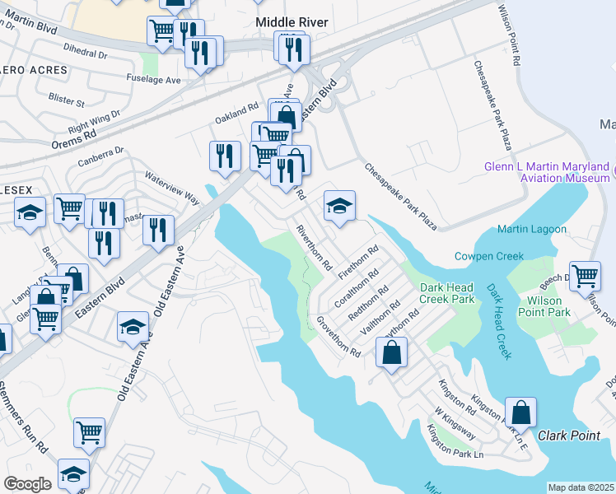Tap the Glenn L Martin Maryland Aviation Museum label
(x=548, y=171)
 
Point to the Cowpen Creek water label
(x=489, y=257)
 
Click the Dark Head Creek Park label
(x=447, y=293)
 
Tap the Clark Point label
(x=569, y=435)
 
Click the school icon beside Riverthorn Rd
(x=339, y=206)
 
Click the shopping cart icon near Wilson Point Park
(x=585, y=277)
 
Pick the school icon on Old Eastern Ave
(x=133, y=327)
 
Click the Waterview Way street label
(x=172, y=187)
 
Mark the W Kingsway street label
(x=455, y=421)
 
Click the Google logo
(x=27, y=484)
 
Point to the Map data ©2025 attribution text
(x=580, y=487)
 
